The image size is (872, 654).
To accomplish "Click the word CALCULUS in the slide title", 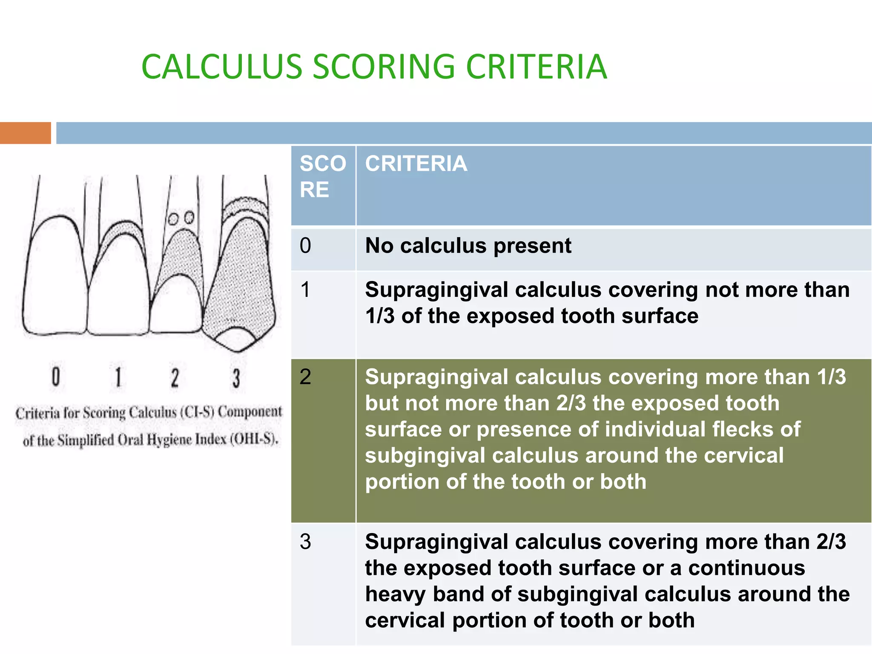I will point(221,67).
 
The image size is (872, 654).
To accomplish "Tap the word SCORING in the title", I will point(384,67).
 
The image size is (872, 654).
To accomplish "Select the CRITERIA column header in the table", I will point(416,164).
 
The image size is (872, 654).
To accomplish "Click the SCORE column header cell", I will point(323,176).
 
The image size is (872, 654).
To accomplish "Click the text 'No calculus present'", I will point(468,246).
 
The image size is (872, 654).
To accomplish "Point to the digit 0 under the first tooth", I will point(56,377).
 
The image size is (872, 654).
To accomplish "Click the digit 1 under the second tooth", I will point(118,377).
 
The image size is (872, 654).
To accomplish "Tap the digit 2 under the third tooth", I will point(175,378).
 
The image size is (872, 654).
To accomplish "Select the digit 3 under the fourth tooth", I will point(236,378).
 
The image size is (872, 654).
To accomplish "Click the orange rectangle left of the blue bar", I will point(26,133).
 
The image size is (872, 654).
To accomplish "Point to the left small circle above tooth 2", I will point(173,219).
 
